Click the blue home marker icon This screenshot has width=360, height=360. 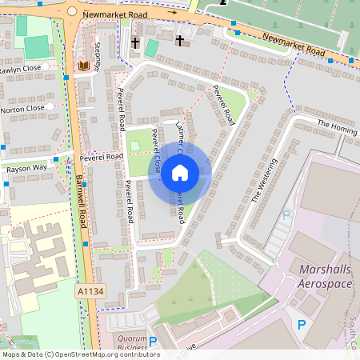pos(180,171)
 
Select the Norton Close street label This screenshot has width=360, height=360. pos(22,109)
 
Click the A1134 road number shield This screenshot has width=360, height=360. pos(90,292)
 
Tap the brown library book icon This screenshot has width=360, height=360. pos(83,66)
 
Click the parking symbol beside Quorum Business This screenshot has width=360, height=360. pos(152,342)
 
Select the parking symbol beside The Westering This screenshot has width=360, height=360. pos(286,214)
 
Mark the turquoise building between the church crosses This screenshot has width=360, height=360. pos(151,48)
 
